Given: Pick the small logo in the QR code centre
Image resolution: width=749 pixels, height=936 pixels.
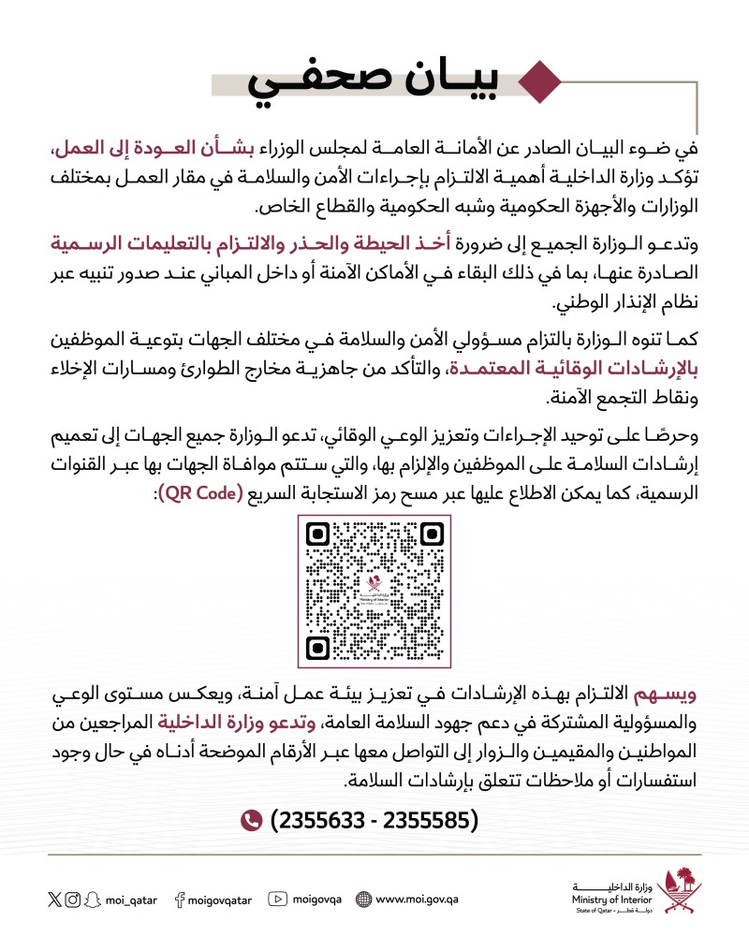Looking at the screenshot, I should click(376, 591).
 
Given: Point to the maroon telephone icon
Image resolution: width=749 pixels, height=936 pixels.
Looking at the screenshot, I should click(250, 821).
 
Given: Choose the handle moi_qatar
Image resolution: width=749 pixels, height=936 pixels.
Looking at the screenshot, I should click(132, 899).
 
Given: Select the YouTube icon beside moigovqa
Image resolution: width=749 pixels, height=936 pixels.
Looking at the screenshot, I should click(276, 899).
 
